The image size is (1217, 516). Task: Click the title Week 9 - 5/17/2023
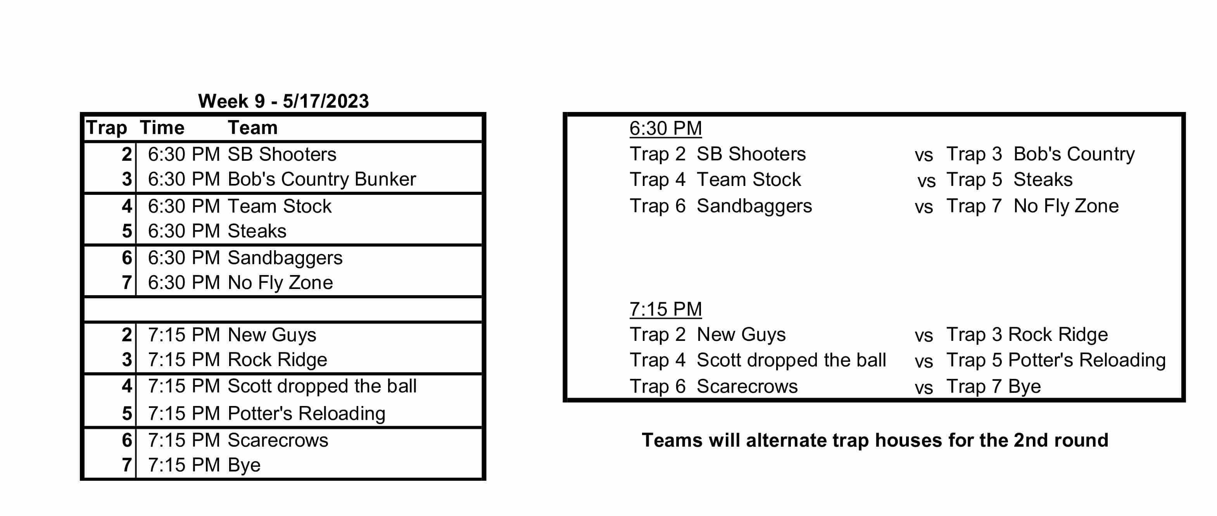click(283, 101)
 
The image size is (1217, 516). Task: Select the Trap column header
click(106, 128)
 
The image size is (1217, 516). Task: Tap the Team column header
click(252, 128)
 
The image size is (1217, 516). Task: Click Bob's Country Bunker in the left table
click(322, 179)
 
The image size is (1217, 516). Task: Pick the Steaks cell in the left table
click(257, 231)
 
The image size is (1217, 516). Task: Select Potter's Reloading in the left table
click(307, 414)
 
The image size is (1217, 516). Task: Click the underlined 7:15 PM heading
click(665, 310)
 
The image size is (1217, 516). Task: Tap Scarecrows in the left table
click(278, 440)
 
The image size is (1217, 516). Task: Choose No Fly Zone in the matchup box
click(1066, 206)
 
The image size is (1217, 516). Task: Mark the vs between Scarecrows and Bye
click(924, 389)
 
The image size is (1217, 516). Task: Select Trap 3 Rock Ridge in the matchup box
click(1027, 335)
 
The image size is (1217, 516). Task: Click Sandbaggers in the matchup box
click(754, 206)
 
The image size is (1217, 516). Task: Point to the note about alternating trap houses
click(875, 440)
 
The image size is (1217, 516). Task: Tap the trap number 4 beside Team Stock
click(127, 206)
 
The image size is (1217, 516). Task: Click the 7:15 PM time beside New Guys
click(184, 335)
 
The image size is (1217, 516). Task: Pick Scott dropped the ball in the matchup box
click(791, 360)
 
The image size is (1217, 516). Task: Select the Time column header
click(162, 128)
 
